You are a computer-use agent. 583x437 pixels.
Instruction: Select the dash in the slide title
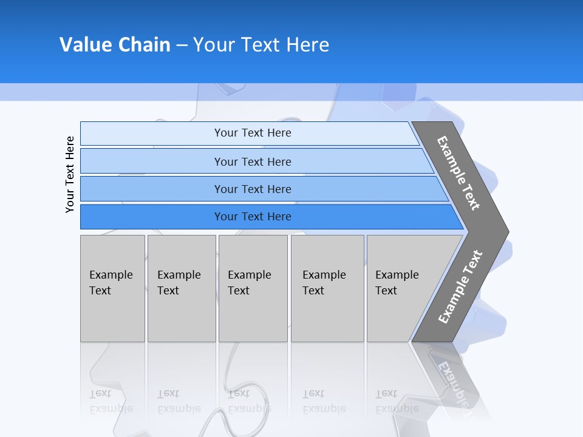(x=182, y=46)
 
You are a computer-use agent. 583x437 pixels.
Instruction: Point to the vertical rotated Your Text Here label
(x=70, y=174)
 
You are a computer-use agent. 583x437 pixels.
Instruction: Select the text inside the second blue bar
(x=253, y=161)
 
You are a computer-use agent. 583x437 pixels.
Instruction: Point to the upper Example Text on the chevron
(x=459, y=173)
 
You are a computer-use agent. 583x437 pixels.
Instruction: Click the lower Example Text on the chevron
(x=460, y=287)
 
